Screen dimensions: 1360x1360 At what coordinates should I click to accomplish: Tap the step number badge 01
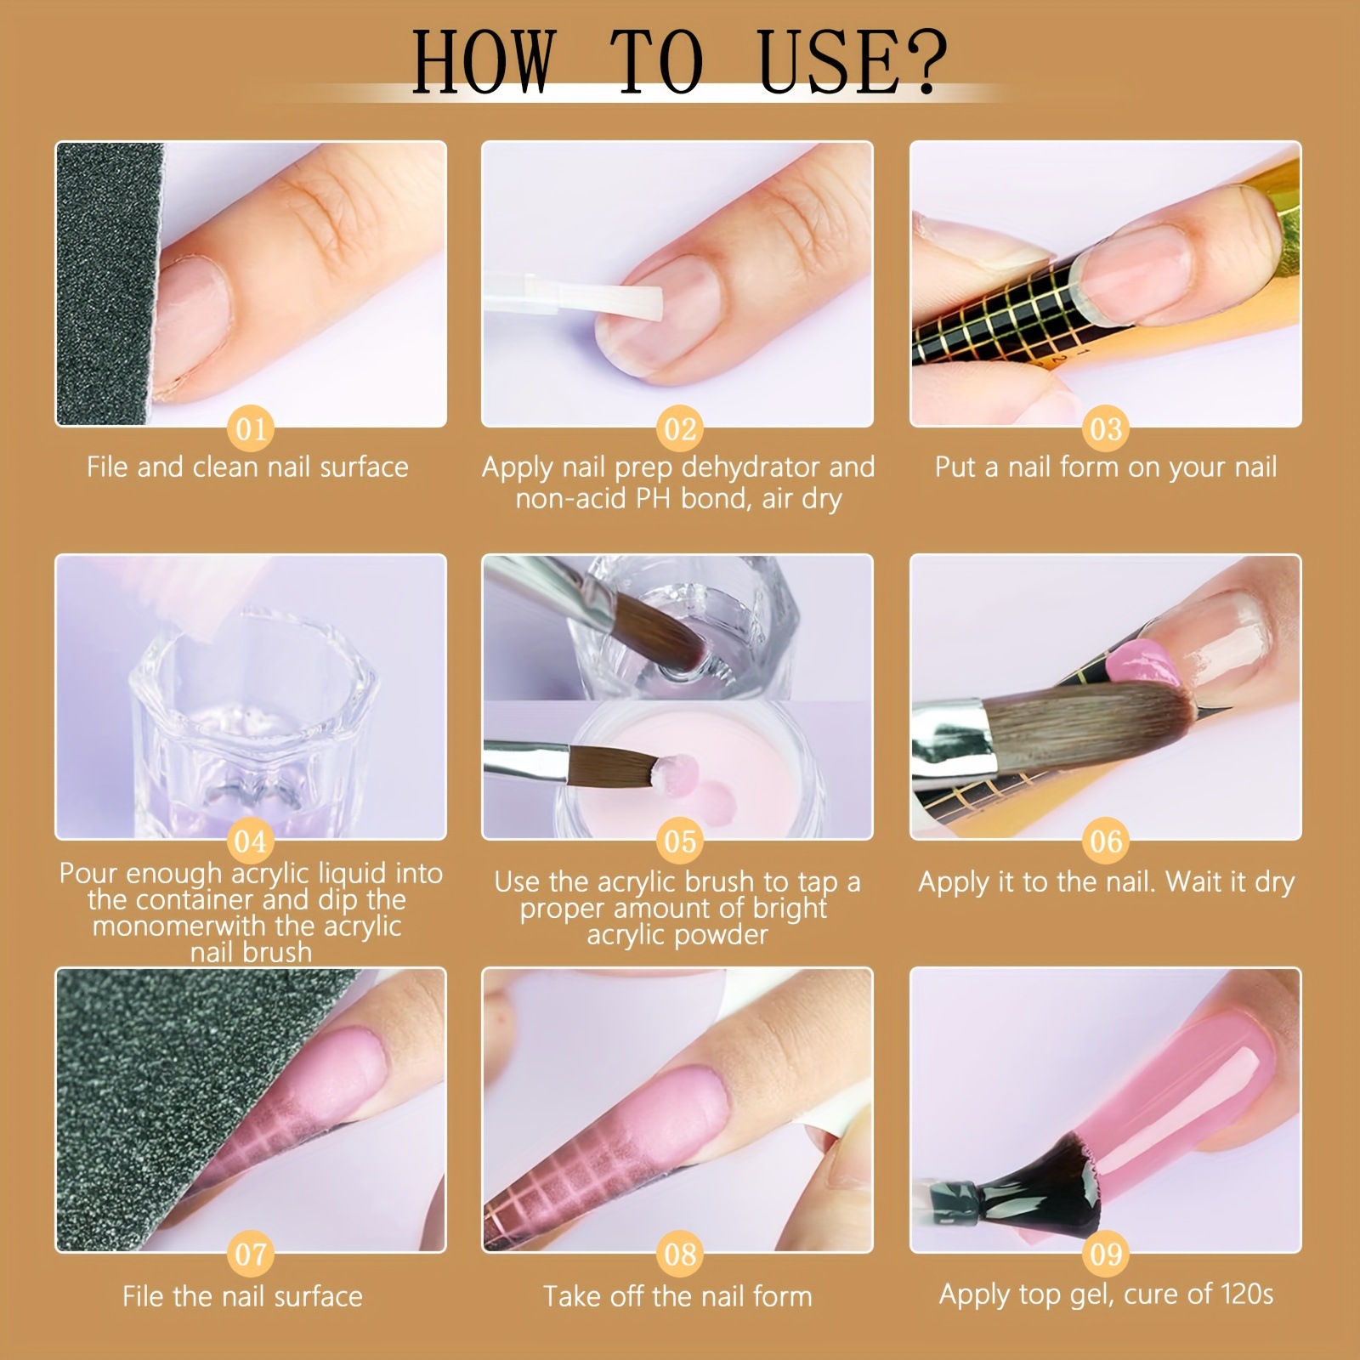click(251, 428)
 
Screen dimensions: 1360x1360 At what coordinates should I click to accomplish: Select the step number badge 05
click(679, 841)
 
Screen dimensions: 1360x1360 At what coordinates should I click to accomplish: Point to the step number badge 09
click(1106, 1254)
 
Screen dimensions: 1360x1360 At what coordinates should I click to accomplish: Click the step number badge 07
click(251, 1254)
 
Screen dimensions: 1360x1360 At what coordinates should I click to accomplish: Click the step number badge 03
click(1106, 428)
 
